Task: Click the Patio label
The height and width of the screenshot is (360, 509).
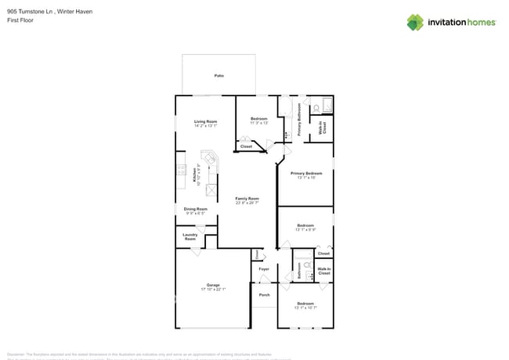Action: (x=218, y=75)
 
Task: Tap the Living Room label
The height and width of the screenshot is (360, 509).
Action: (x=205, y=121)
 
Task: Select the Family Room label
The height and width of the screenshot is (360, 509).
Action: (x=247, y=199)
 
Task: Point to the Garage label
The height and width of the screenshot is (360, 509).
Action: (x=213, y=285)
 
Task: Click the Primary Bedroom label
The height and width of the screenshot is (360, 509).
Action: (x=305, y=173)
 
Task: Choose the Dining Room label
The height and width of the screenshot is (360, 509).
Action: (x=195, y=209)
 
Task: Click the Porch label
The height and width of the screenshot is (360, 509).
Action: (x=264, y=295)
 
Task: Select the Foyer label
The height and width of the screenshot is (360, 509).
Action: (x=264, y=269)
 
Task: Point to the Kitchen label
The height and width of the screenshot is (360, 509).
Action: (x=194, y=175)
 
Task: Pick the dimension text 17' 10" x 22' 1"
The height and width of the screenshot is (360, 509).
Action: (x=213, y=290)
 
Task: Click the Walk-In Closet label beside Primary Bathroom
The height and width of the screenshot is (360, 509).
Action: (x=322, y=128)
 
